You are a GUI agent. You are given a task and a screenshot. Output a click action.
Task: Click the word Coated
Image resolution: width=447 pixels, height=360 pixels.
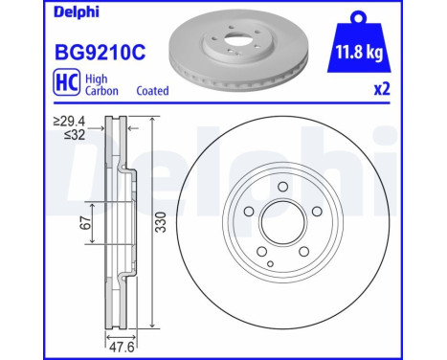click(x=149, y=91)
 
